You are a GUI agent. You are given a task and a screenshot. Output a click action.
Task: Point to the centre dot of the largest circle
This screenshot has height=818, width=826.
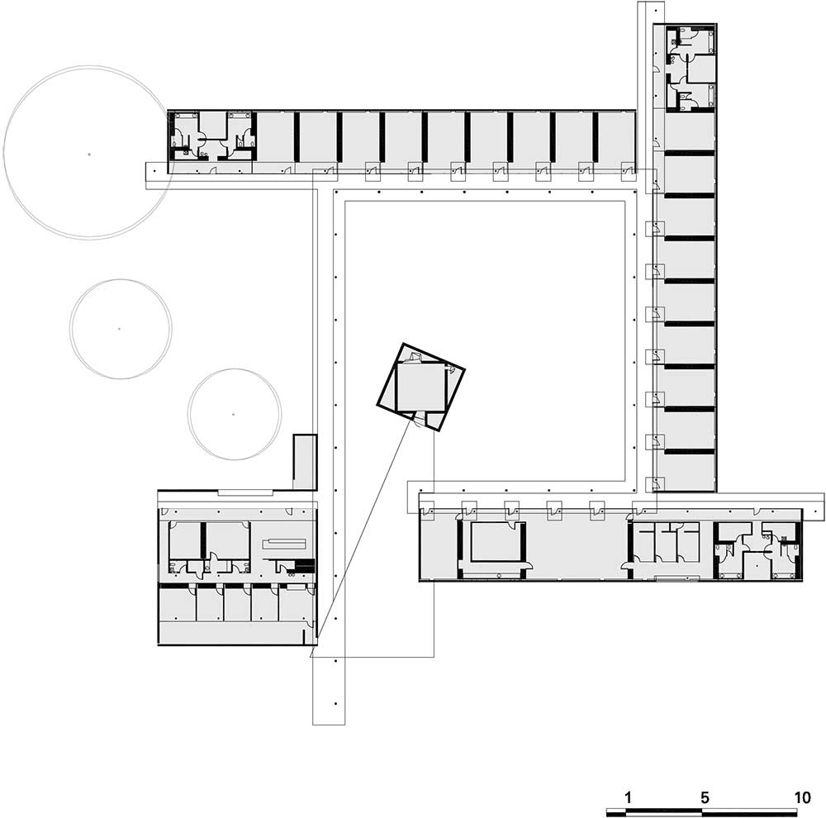point(89,155)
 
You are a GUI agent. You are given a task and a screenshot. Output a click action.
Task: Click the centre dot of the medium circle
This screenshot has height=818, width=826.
point(120,329)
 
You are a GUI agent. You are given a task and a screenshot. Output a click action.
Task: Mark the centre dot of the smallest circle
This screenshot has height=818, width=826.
point(234,414)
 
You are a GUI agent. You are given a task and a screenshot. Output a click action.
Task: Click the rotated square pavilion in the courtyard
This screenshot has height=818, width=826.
point(420,388)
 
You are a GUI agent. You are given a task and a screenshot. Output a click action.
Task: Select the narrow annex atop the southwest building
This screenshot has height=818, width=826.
point(305,462)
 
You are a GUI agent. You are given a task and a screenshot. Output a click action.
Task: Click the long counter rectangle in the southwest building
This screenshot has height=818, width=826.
point(284,542)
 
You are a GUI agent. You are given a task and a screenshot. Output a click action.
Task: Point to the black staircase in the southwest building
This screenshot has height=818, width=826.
point(305,566)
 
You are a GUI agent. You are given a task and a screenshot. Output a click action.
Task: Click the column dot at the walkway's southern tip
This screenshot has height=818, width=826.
point(335,703)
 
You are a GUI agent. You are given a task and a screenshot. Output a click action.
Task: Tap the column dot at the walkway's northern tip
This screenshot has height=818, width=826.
point(655,10)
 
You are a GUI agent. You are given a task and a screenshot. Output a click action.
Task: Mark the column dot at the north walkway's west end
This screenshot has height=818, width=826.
point(154,171)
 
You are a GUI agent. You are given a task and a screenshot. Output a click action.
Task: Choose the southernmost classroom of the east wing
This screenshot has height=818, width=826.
point(687,473)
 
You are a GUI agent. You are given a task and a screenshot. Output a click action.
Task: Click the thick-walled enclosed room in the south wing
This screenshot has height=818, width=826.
point(495,542)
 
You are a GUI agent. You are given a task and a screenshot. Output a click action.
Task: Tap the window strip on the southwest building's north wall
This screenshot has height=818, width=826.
point(245,492)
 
